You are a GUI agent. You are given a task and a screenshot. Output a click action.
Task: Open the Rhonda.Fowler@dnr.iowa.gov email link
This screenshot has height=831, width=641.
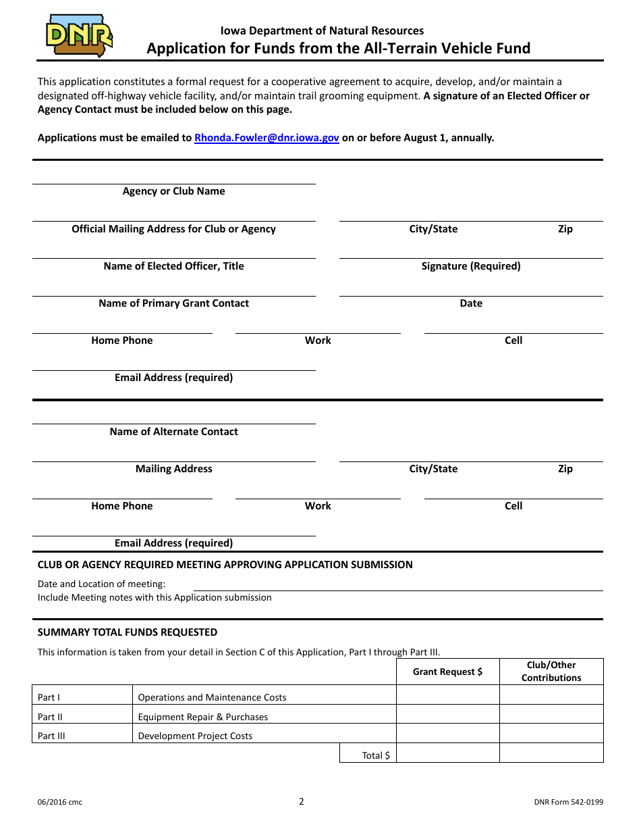267,138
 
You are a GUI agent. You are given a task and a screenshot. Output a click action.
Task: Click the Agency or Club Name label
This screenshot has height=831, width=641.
173,191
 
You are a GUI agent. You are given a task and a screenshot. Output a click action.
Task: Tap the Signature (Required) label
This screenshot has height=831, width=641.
471,266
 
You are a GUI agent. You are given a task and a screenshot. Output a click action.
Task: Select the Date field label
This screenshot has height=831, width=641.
471,303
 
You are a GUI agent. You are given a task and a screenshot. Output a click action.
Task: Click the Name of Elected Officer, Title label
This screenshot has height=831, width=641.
173,266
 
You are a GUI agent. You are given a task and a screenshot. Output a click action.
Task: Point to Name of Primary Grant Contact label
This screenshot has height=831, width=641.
173,303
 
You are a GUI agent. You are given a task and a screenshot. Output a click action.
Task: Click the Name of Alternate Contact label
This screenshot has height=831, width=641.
173,432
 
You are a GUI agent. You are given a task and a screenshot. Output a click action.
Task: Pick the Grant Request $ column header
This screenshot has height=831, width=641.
447,672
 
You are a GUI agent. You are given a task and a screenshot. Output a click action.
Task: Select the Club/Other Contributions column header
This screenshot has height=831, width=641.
551,672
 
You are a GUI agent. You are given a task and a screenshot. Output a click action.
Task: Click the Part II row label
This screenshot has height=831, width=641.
50,717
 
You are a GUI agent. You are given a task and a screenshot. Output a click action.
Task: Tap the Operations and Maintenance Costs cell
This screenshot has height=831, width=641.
212,697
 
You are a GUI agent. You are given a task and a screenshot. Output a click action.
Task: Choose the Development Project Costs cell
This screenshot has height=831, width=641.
195,736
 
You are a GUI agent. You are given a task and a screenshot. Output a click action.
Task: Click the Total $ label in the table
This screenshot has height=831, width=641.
376,755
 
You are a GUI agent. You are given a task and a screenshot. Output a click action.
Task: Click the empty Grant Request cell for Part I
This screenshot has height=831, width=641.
447,696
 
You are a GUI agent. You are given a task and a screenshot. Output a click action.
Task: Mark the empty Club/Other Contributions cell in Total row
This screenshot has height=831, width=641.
551,753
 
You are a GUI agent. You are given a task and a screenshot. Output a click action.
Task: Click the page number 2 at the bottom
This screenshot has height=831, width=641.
302,801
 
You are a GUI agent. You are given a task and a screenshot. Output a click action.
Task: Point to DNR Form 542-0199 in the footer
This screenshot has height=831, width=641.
568,803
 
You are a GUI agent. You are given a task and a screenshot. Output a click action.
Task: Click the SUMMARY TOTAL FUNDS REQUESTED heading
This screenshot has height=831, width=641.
128,632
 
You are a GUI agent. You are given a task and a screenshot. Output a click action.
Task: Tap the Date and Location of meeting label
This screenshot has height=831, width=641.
101,584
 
